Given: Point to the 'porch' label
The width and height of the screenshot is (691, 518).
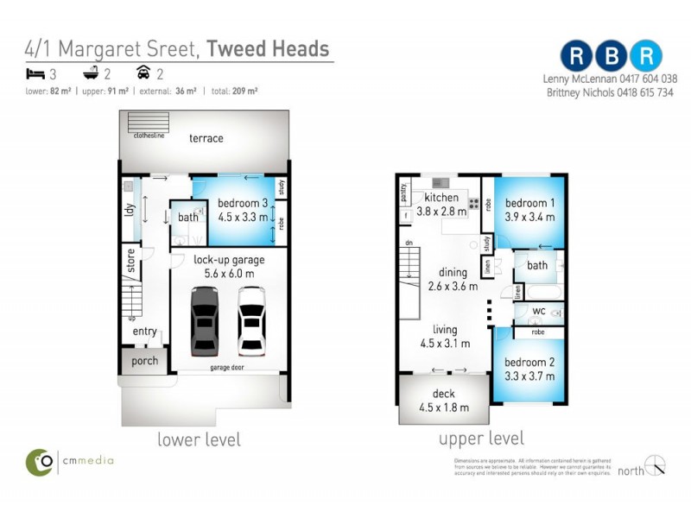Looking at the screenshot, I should pos(145,361).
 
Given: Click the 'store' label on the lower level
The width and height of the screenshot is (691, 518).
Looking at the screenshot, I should pos(131,261).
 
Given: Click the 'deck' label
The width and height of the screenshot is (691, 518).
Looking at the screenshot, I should pos(442,394).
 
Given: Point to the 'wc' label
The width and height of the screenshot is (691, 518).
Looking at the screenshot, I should pos(539,310).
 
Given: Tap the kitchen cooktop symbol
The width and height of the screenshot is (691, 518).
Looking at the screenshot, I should pos(473,204).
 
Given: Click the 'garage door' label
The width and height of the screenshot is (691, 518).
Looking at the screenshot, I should pos(226,368).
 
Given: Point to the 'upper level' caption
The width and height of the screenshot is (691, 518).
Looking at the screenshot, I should pos(481,439).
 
